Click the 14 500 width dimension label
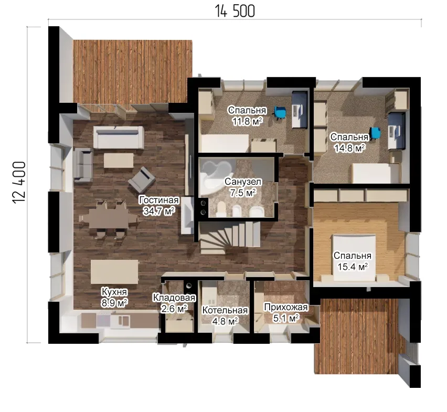click(235, 12)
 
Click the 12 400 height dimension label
click(19, 183)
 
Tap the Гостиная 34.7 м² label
click(159, 206)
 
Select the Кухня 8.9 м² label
click(114, 298)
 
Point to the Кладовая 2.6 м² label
click(174, 303)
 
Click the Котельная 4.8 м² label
click(225, 315)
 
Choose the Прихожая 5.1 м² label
click(286, 312)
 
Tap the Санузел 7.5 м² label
click(243, 187)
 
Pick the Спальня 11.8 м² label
click(247, 116)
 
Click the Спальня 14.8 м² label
click(349, 143)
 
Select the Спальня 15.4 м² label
click(353, 261)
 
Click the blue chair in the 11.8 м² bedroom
click(280, 111)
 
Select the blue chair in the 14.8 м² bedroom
click(375, 133)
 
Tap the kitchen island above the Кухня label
click(114, 271)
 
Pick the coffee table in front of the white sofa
click(119, 161)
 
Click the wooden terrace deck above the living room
click(132, 71)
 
